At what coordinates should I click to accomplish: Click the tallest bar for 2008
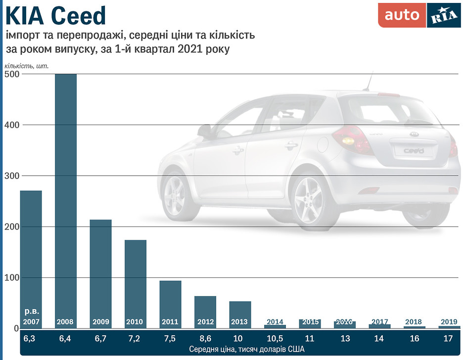click(x=65, y=198)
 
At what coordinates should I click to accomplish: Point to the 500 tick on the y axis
click(x=12, y=74)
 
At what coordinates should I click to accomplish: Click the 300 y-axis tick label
click(x=12, y=176)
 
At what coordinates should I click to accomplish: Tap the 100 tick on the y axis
click(x=12, y=278)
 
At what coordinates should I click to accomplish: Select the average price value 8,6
click(x=205, y=339)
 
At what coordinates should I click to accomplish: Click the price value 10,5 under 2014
click(x=275, y=339)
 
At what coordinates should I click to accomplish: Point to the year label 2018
click(x=414, y=322)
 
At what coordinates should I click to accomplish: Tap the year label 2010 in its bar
click(x=135, y=322)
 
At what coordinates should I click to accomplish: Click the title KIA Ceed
click(x=55, y=16)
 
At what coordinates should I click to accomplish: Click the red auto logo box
click(x=402, y=15)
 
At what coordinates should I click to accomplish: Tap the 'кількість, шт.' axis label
click(x=27, y=66)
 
